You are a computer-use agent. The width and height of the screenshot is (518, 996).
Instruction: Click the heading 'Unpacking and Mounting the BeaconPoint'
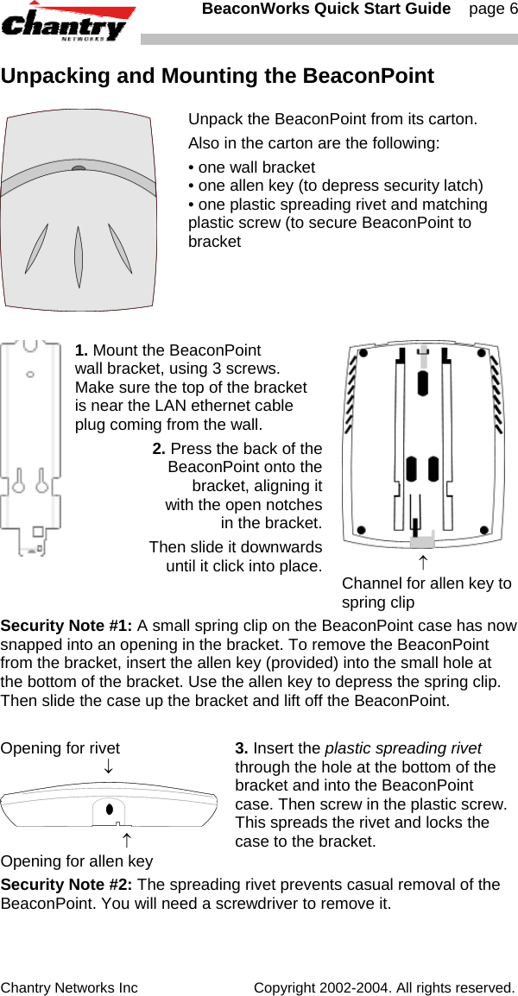(218, 76)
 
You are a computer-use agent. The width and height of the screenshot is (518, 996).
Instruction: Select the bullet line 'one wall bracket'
(256, 167)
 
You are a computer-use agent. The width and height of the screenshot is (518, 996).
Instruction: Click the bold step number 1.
(82, 350)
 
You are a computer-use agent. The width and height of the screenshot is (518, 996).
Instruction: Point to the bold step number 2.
(159, 448)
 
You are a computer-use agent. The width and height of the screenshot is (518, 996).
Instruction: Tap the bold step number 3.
(242, 748)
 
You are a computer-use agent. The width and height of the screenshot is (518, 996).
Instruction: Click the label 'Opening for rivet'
(60, 748)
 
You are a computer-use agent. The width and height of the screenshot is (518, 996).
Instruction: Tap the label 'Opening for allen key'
(77, 860)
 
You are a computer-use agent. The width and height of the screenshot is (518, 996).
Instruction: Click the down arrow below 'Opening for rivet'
(108, 766)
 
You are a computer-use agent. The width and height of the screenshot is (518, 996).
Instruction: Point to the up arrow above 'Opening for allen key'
(126, 839)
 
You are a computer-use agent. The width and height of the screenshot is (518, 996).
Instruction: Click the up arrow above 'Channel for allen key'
(422, 564)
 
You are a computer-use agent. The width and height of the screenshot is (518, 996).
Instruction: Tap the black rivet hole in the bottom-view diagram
(109, 810)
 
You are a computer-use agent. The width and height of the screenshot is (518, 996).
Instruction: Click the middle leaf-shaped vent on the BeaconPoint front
(79, 257)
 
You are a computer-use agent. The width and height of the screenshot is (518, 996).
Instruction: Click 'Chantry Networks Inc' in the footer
(69, 987)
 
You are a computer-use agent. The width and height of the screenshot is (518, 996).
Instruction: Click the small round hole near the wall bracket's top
(30, 375)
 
